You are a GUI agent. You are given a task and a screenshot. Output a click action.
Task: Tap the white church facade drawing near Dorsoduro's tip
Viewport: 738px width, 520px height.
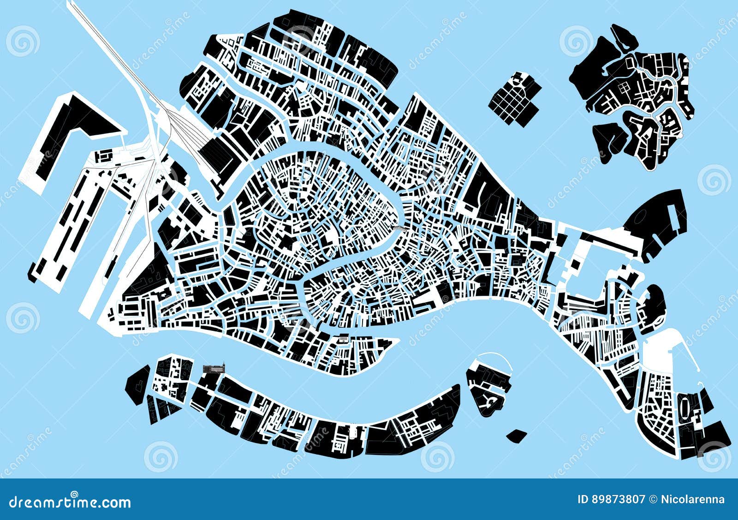[x=343, y=339]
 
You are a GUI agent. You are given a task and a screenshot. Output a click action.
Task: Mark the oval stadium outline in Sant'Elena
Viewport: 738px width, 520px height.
[x=685, y=406]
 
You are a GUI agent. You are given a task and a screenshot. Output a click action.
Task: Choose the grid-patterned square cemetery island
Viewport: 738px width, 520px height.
[x=513, y=98]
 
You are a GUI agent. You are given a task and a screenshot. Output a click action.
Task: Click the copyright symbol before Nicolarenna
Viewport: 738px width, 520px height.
[x=653, y=499]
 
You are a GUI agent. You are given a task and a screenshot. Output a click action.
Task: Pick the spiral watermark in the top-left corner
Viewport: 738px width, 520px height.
[x=23, y=42]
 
